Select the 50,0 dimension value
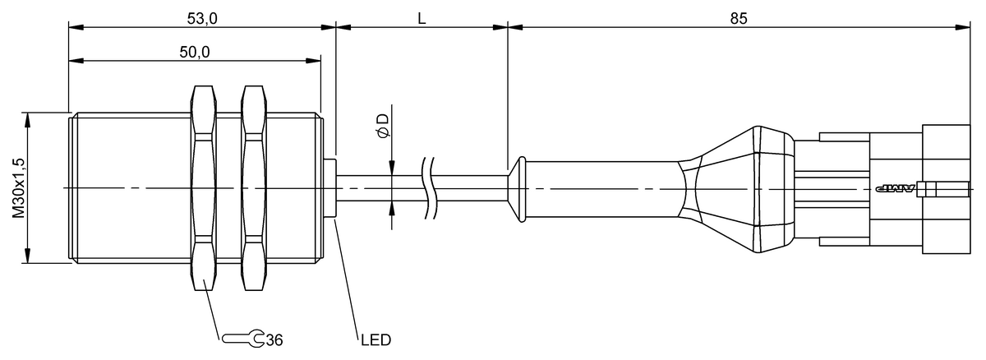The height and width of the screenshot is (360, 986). click(x=195, y=52)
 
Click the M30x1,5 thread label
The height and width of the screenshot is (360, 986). click(x=17, y=188)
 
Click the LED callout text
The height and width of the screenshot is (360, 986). click(x=375, y=339)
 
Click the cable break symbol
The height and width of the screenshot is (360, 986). click(x=428, y=188)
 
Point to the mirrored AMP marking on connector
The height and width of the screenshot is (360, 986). click(x=894, y=189)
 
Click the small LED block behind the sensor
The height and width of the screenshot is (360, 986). click(x=332, y=188)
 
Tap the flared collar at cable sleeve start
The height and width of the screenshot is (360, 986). click(x=517, y=189)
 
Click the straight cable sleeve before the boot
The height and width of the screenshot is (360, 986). click(x=604, y=189)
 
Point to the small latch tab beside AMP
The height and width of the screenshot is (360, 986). click(x=930, y=189)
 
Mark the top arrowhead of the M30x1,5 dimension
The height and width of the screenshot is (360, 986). click(x=29, y=118)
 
